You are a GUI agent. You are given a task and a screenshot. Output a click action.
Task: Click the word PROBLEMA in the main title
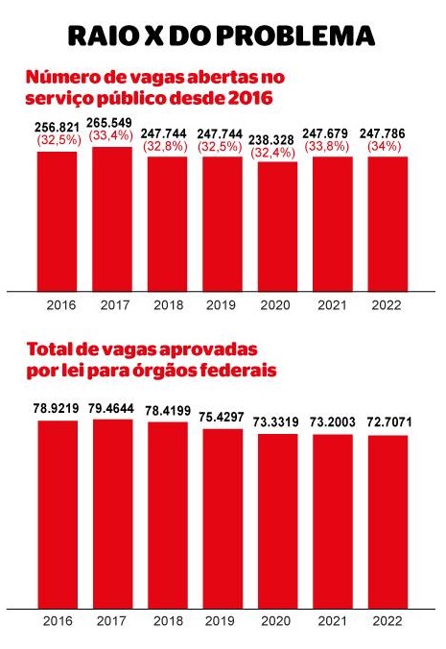click(296, 36)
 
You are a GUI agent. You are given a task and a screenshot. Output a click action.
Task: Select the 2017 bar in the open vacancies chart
click(112, 219)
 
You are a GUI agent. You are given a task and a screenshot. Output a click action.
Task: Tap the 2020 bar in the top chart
click(278, 227)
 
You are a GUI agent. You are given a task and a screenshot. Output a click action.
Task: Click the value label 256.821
click(57, 128)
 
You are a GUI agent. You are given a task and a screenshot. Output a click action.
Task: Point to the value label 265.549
click(109, 123)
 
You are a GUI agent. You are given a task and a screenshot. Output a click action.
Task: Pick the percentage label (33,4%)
click(110, 135)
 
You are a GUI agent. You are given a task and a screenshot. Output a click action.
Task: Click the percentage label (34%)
click(385, 146)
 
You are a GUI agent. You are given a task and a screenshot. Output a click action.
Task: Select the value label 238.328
click(271, 140)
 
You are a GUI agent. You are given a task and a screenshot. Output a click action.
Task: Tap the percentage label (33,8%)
click(327, 146)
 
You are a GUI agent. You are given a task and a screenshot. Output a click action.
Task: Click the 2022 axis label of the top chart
click(387, 305)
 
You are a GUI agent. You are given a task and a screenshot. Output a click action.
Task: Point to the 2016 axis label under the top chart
click(61, 305)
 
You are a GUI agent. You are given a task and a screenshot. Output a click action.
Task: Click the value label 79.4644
click(111, 409)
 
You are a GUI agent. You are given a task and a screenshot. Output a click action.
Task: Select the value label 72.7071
click(389, 422)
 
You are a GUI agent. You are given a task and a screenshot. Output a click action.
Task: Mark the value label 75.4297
click(222, 418)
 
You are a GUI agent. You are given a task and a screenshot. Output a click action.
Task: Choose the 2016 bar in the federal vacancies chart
click(58, 515)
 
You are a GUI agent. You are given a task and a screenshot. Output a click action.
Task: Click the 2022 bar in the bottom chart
click(387, 522)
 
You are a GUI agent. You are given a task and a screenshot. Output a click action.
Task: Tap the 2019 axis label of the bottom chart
click(221, 621)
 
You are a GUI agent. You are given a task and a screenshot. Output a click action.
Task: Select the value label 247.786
click(383, 133)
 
